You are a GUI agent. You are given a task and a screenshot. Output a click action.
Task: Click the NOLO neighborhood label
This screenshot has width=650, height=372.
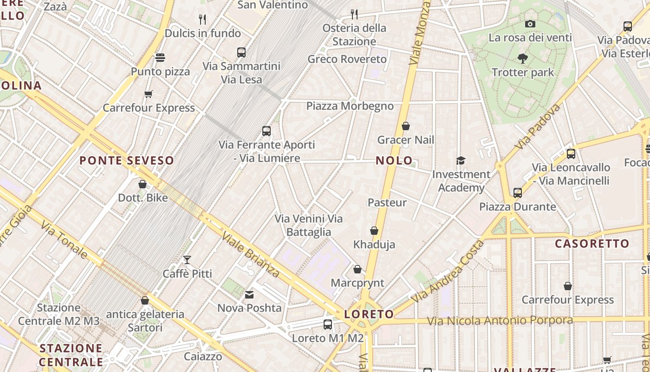(x=394, y=161)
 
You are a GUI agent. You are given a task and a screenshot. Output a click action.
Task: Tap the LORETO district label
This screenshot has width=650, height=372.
(x=369, y=314)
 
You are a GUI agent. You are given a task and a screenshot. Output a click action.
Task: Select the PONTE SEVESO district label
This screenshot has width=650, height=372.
(x=126, y=161)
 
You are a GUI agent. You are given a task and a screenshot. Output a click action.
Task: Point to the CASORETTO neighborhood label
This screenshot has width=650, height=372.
(x=592, y=244)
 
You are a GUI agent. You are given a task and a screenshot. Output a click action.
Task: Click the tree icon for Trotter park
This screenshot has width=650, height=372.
(x=523, y=59)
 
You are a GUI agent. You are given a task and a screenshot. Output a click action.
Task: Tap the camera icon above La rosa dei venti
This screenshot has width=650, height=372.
(x=530, y=24)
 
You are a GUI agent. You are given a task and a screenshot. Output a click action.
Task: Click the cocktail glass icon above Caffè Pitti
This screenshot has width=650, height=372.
(x=187, y=260)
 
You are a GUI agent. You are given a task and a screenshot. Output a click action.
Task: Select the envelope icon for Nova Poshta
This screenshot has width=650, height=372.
(x=249, y=294)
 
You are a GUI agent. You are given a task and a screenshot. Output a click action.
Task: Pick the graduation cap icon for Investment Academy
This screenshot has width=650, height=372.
(x=461, y=160)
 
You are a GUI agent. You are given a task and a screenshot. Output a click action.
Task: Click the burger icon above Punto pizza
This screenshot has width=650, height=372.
(x=160, y=58)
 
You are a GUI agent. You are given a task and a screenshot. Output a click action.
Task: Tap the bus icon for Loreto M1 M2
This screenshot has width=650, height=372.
(x=328, y=325)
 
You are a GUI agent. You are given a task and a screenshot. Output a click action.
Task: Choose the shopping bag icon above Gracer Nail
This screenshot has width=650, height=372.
(x=405, y=126)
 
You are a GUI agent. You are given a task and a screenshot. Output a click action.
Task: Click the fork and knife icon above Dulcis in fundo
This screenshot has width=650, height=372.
(x=202, y=20)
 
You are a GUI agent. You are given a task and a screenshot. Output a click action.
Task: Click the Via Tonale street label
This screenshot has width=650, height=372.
(x=64, y=240)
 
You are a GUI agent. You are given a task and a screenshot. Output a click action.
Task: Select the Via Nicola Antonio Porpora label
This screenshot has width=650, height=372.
(x=500, y=321)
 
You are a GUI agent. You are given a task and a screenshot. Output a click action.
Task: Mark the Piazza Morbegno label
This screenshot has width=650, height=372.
(x=350, y=106)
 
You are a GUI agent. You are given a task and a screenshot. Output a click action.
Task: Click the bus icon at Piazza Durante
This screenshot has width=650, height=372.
(x=518, y=193)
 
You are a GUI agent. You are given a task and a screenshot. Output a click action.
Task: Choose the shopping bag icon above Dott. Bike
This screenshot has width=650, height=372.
(x=143, y=184)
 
